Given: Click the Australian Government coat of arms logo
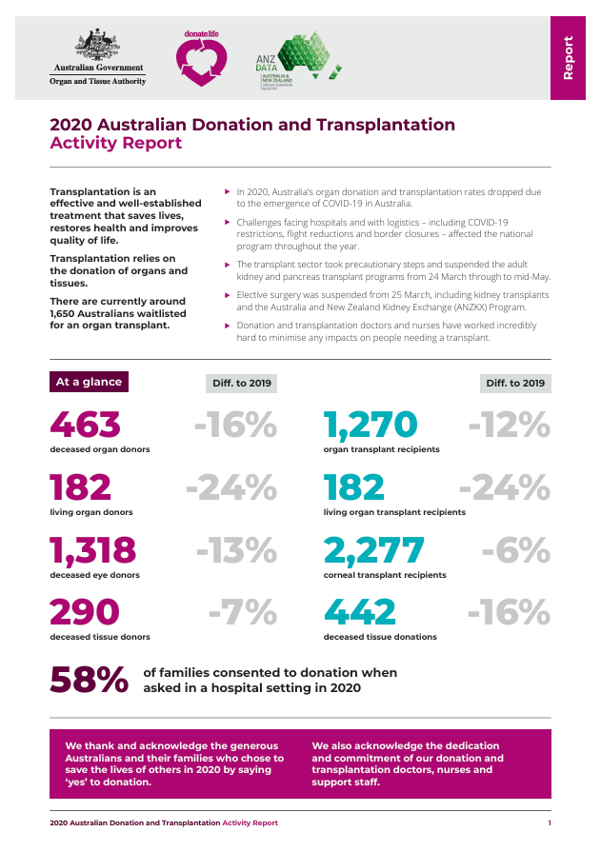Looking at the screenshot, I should [97, 46].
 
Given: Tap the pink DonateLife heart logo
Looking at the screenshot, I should [201, 60].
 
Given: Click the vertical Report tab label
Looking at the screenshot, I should [568, 57].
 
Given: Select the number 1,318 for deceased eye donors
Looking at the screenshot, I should [93, 550].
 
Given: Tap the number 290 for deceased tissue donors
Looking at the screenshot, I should [86, 612].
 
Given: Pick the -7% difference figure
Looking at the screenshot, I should [242, 612].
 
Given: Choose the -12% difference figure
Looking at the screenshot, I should [509, 425].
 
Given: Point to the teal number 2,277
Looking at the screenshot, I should [373, 550].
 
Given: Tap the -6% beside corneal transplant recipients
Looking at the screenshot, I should [515, 550].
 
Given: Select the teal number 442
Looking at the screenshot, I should [360, 612].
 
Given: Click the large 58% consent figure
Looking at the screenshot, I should [89, 679].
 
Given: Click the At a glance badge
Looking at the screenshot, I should [89, 382].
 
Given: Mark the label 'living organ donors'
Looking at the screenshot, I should [91, 512].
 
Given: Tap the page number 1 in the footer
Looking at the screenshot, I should [549, 822].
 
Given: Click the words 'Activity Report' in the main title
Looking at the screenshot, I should [115, 144].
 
